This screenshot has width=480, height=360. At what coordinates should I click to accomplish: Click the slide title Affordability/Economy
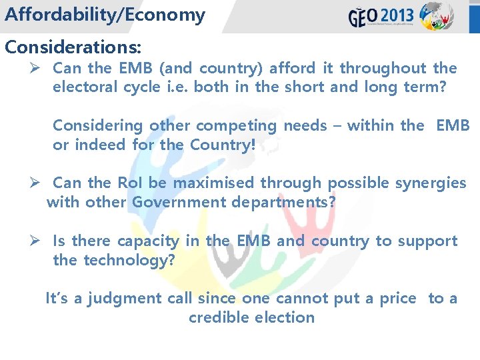coord(105,15)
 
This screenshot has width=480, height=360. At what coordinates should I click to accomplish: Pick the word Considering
coord(98,125)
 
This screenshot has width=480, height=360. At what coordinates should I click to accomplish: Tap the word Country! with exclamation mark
coord(223,144)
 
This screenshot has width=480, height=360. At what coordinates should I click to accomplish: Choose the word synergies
coord(430,183)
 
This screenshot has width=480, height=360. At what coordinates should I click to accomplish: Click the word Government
coord(178,201)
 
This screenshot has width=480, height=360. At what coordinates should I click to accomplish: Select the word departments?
coord(283,201)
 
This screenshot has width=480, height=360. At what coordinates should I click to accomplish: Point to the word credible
coord(217,317)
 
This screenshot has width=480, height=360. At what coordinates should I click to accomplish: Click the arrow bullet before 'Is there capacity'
coord(38,241)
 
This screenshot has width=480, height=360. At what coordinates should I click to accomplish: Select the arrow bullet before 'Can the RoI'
coord(38,183)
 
